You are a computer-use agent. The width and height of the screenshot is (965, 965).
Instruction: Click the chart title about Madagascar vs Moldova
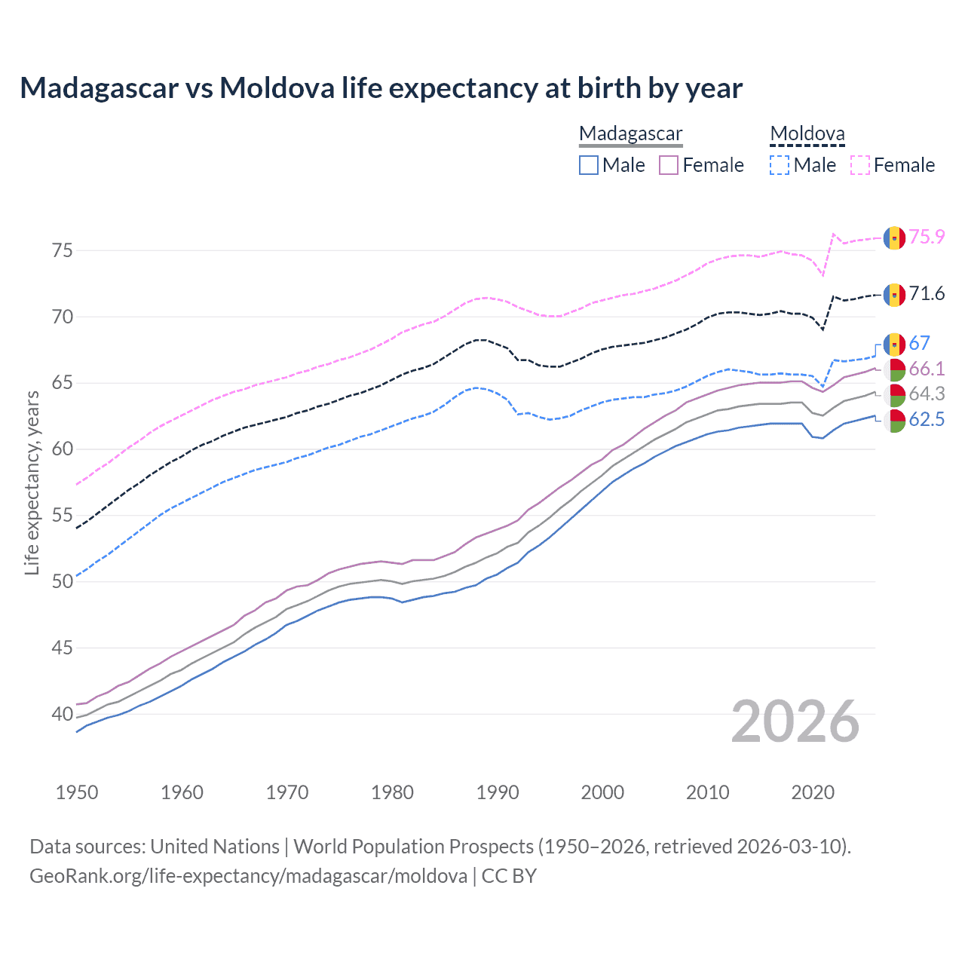(x=381, y=88)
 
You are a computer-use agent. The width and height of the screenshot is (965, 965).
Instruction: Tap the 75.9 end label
(x=927, y=237)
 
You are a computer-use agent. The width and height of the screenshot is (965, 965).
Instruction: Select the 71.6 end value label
(x=927, y=293)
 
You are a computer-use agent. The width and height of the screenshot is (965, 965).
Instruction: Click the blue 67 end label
(x=919, y=344)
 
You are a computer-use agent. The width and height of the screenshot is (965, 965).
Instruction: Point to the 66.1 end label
(x=927, y=369)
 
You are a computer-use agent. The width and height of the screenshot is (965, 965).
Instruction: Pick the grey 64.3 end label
(x=927, y=394)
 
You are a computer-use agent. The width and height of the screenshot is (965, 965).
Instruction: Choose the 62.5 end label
(x=927, y=419)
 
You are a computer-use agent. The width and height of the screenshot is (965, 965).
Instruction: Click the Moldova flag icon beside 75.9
(x=894, y=237)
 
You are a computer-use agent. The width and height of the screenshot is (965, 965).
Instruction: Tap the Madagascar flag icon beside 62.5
(x=894, y=421)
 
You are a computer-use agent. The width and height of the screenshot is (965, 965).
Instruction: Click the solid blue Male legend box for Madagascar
(x=589, y=165)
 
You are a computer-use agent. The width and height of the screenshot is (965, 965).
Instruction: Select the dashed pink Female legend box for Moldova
(x=860, y=165)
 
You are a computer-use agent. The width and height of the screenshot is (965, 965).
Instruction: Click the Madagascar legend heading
(x=630, y=133)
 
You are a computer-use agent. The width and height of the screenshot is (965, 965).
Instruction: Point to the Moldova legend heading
(x=807, y=133)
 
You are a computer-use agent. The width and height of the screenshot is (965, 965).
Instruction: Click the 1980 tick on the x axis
(x=393, y=792)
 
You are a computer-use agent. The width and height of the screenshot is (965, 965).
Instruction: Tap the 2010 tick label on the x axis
(x=708, y=792)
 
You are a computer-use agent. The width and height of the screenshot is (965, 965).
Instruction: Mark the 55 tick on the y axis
(x=63, y=516)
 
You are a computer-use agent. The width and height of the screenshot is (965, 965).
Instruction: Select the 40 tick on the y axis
(x=63, y=714)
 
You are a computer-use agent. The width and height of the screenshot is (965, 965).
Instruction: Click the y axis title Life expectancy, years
(x=32, y=482)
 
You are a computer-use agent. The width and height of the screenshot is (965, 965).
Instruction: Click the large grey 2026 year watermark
(x=795, y=721)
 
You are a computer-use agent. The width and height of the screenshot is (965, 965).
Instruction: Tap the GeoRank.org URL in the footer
(x=248, y=876)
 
